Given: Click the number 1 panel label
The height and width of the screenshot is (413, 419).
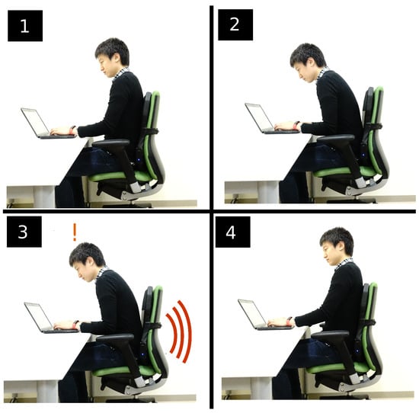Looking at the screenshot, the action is [25, 26].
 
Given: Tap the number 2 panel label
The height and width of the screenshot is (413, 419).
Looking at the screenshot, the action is [235, 25].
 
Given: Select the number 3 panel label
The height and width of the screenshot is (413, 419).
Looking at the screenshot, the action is [24, 232].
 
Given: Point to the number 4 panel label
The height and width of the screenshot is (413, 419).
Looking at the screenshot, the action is [233, 232].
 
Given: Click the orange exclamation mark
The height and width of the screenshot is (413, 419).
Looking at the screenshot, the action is [75, 232].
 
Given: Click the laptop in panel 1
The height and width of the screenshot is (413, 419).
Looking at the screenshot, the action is [46, 123].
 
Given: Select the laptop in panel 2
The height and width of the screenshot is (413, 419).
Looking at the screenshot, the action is [269, 119].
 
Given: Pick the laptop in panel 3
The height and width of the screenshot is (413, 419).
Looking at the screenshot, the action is [49, 318].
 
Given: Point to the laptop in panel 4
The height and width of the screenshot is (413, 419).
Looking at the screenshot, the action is [262, 315].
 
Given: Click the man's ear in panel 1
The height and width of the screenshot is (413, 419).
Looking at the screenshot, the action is [117, 57].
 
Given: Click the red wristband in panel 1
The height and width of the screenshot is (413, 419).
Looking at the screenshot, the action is [72, 130].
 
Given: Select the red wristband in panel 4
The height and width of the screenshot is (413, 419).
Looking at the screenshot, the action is [289, 321].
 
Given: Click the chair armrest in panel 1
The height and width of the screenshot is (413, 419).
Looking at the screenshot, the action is [111, 143].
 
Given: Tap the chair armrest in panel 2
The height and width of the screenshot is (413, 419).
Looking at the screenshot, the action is [336, 139].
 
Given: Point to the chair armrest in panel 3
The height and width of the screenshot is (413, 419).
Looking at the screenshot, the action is [116, 338].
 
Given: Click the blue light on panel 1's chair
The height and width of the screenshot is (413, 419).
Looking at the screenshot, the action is [139, 160].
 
